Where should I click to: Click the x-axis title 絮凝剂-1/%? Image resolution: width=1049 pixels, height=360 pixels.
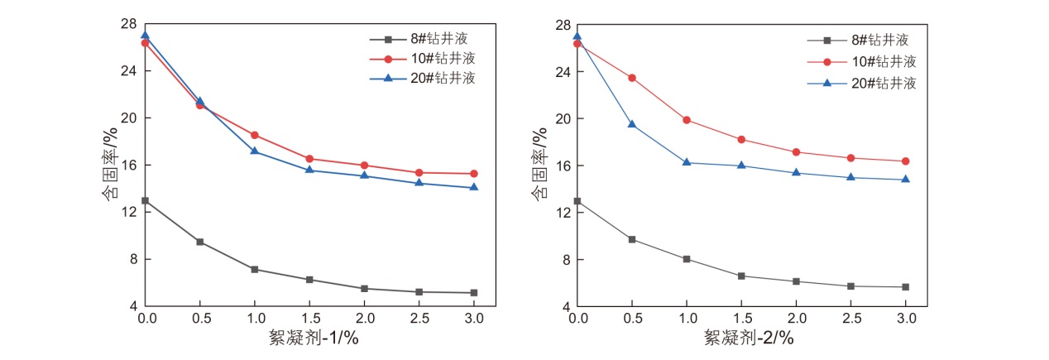pyautogui.click(x=314, y=337)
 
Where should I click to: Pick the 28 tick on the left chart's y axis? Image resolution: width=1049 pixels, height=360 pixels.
pyautogui.click(x=129, y=23)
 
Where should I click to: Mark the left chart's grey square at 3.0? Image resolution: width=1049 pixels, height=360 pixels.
pyautogui.click(x=474, y=293)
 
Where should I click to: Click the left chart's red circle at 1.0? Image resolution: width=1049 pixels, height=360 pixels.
pyautogui.click(x=255, y=135)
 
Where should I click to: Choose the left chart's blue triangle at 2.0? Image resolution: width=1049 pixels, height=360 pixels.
pyautogui.click(x=364, y=175)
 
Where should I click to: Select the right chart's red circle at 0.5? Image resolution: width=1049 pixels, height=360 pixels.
pyautogui.click(x=632, y=78)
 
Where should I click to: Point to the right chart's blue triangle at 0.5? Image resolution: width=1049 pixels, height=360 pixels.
pyautogui.click(x=632, y=124)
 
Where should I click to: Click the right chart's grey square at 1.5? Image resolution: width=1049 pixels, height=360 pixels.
pyautogui.click(x=741, y=276)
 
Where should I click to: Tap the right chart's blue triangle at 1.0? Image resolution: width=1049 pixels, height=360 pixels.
pyautogui.click(x=687, y=162)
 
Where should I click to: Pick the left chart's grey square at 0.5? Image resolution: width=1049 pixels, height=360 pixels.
pyautogui.click(x=199, y=242)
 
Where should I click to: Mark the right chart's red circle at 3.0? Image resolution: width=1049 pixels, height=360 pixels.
pyautogui.click(x=906, y=161)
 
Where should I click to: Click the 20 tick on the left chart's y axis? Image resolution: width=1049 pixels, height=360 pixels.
pyautogui.click(x=129, y=118)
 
